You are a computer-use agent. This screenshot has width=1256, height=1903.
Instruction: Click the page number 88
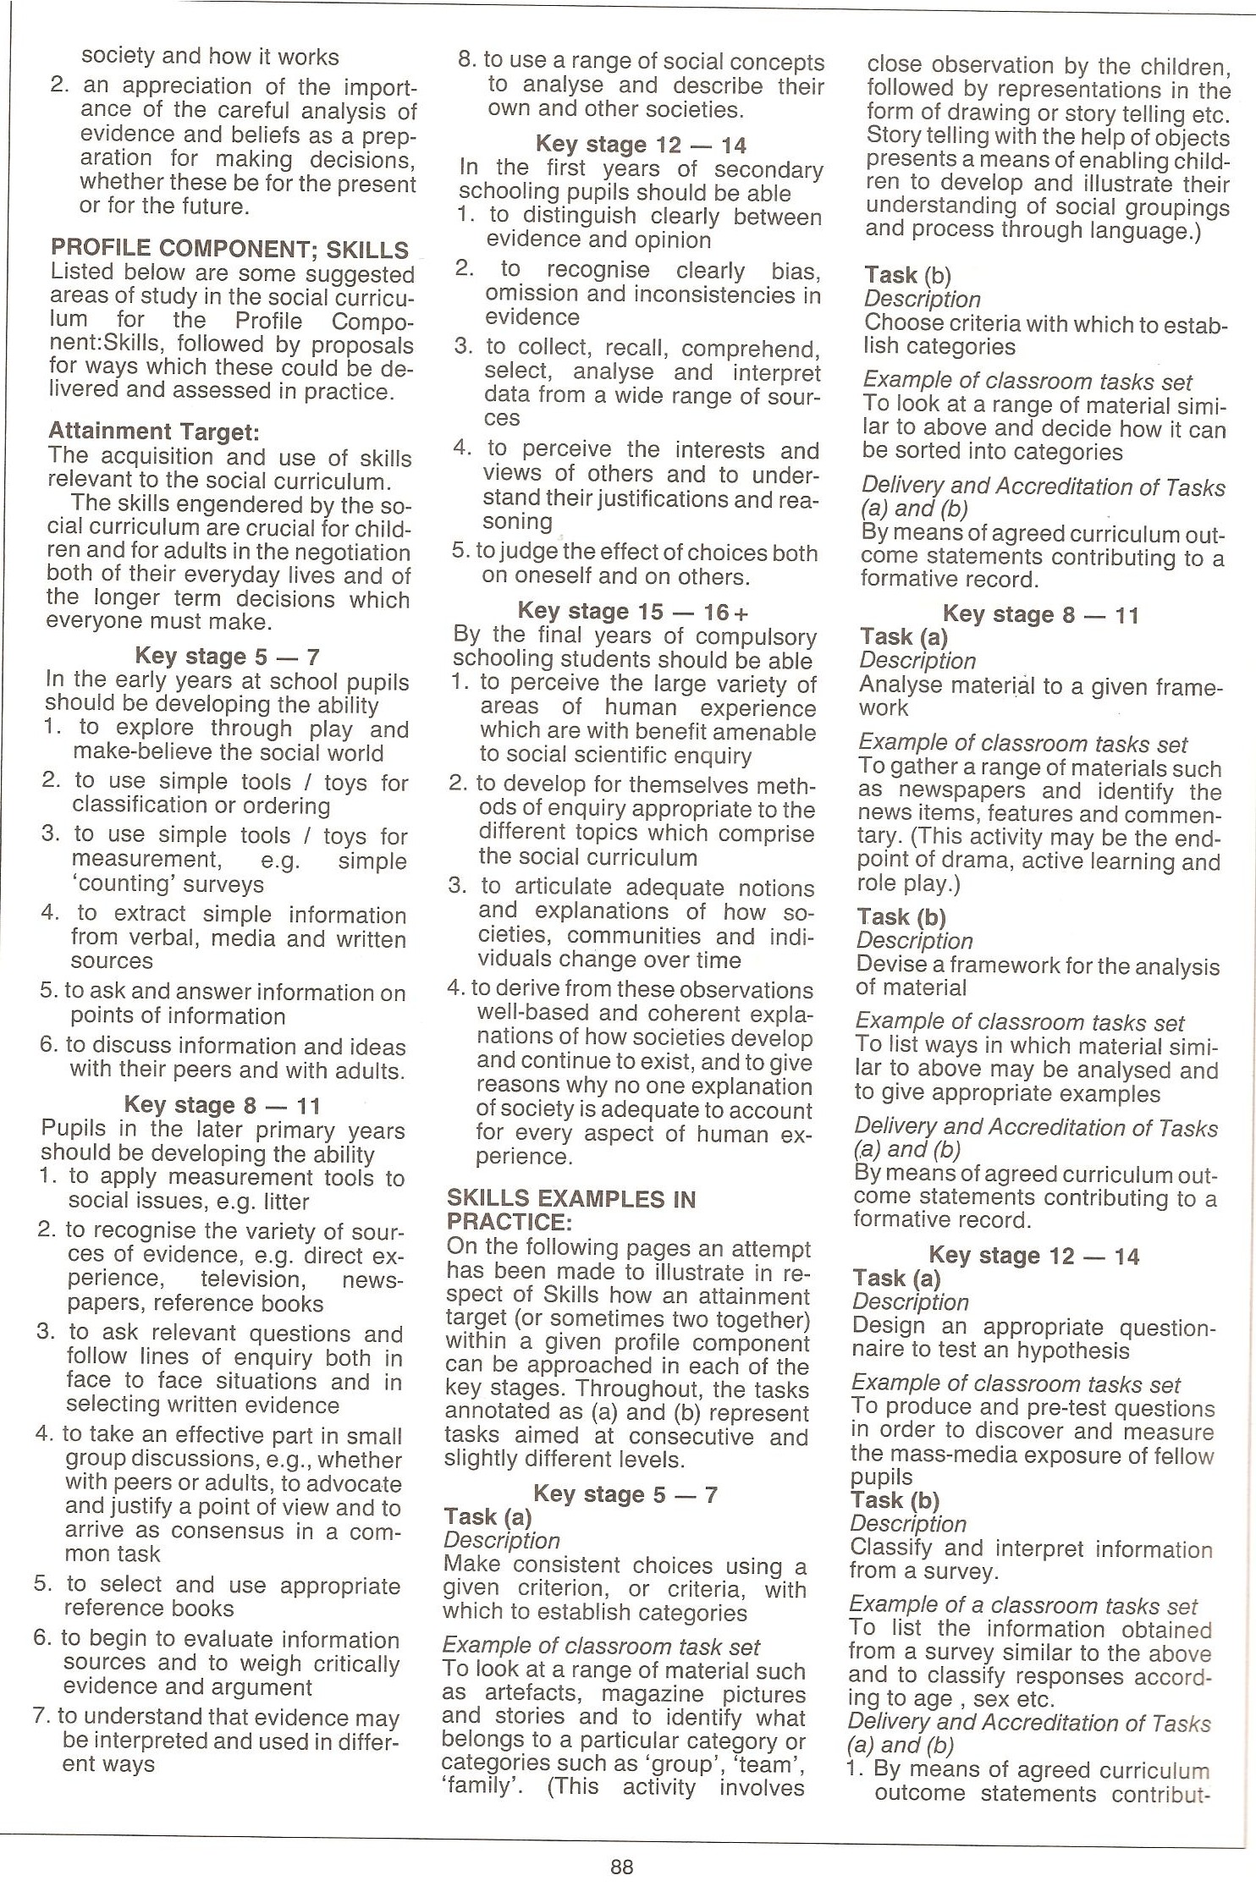pos(621,1867)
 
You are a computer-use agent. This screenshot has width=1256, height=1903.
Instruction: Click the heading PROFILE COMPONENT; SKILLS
pos(229,249)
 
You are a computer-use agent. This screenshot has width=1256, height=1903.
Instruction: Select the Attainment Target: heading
pos(154,432)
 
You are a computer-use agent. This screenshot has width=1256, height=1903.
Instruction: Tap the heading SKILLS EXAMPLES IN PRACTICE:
pos(570,1210)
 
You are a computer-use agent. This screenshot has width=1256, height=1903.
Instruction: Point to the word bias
pos(795,271)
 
